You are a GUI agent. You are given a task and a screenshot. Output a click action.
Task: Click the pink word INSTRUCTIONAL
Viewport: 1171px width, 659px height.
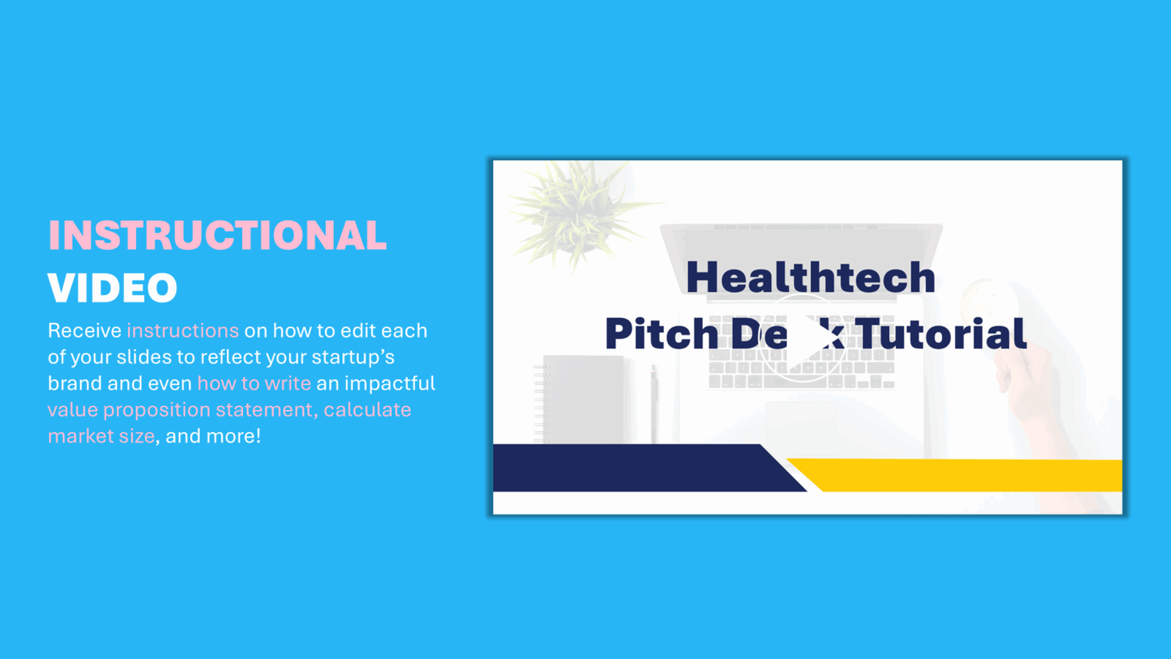click(218, 235)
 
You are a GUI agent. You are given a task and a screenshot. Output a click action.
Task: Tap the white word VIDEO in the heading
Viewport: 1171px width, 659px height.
click(113, 288)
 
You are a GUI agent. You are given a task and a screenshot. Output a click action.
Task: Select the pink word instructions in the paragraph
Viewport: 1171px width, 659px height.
click(183, 330)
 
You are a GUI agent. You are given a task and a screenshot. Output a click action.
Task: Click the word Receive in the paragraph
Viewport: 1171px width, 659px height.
click(85, 330)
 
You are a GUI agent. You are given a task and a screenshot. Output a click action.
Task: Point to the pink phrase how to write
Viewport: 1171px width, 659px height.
click(254, 383)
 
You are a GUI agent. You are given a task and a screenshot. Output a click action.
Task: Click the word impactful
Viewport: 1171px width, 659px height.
click(390, 383)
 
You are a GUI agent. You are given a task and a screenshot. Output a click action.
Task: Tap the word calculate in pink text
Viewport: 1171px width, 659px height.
click(367, 410)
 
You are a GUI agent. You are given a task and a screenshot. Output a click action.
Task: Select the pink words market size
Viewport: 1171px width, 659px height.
click(102, 436)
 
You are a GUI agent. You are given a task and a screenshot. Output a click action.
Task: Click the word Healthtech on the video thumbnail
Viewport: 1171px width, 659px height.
click(811, 277)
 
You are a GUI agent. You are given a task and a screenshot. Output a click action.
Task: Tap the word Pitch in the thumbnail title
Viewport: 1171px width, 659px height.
click(661, 334)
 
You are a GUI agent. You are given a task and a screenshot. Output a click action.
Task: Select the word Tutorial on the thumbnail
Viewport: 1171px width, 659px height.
click(941, 334)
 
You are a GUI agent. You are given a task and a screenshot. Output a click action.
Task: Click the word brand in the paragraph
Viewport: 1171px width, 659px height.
click(75, 383)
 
